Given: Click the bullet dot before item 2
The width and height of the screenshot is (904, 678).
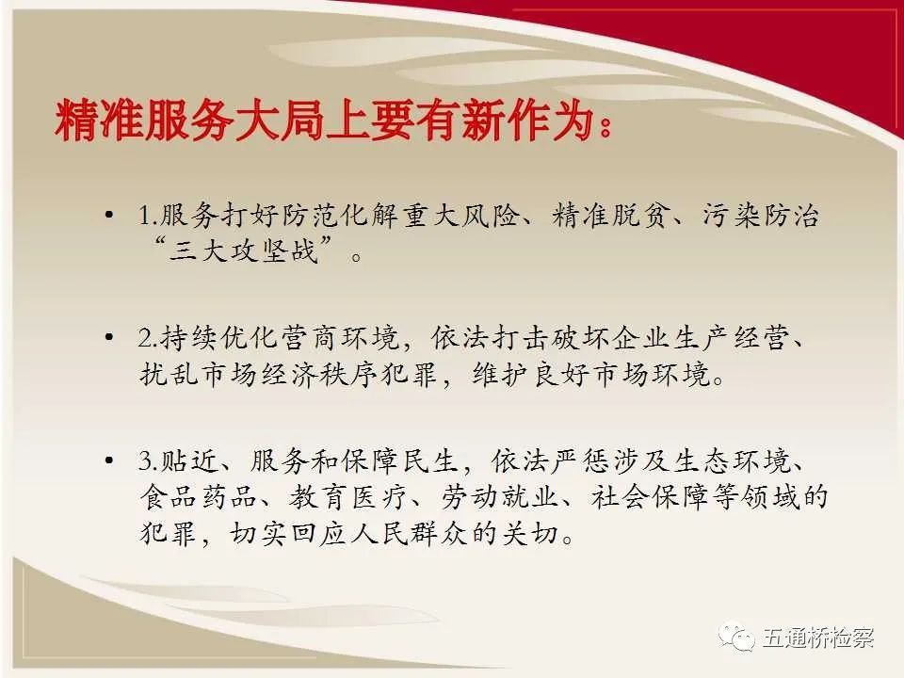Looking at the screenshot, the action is (x=109, y=337).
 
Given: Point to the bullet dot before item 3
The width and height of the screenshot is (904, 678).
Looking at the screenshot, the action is (x=109, y=460).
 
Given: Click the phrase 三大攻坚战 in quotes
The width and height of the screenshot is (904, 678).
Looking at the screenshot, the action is (x=244, y=250).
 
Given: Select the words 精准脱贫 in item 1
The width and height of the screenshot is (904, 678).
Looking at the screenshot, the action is (x=609, y=216).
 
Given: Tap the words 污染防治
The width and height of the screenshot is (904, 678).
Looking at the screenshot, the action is (x=761, y=216).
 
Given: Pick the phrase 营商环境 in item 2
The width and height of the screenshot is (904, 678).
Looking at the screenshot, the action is (x=341, y=338).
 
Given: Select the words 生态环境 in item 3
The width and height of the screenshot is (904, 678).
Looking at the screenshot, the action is (x=733, y=460).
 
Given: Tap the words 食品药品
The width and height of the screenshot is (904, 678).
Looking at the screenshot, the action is (x=199, y=497).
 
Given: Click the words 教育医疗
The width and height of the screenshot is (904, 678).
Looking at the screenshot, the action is (x=348, y=497).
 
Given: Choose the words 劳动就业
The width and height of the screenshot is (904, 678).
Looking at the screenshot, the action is (x=500, y=497).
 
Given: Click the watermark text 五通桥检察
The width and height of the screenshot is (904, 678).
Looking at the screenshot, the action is (x=818, y=638).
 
